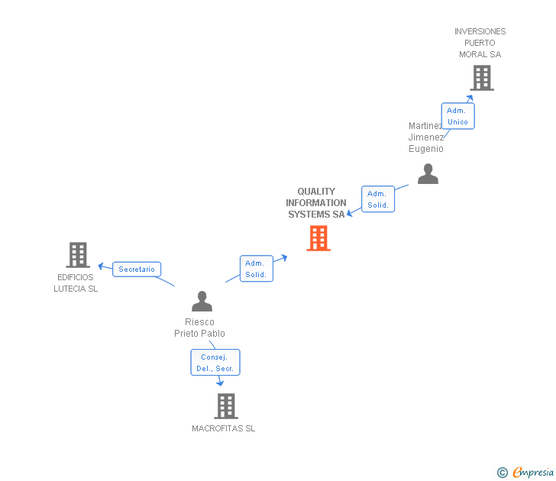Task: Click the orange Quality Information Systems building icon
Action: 318,238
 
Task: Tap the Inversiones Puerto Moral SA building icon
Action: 481,78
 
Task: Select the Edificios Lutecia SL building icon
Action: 77,255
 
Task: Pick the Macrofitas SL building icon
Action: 225,406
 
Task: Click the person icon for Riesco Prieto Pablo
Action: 202,302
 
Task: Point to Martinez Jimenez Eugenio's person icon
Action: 428,174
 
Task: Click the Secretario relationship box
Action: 137,269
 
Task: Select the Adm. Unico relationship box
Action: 457,116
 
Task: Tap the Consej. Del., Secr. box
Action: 215,363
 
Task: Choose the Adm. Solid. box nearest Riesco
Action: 256,269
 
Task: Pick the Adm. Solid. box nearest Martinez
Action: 378,199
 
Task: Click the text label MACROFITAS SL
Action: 224,428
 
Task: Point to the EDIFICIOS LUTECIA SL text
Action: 76,282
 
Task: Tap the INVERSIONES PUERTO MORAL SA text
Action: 480,43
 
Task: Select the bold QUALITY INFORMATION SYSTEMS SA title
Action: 316,203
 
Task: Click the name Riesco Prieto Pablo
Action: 199,328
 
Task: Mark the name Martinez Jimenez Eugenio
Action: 425,137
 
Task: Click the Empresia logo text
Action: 532,473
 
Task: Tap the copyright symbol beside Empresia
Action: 502,473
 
